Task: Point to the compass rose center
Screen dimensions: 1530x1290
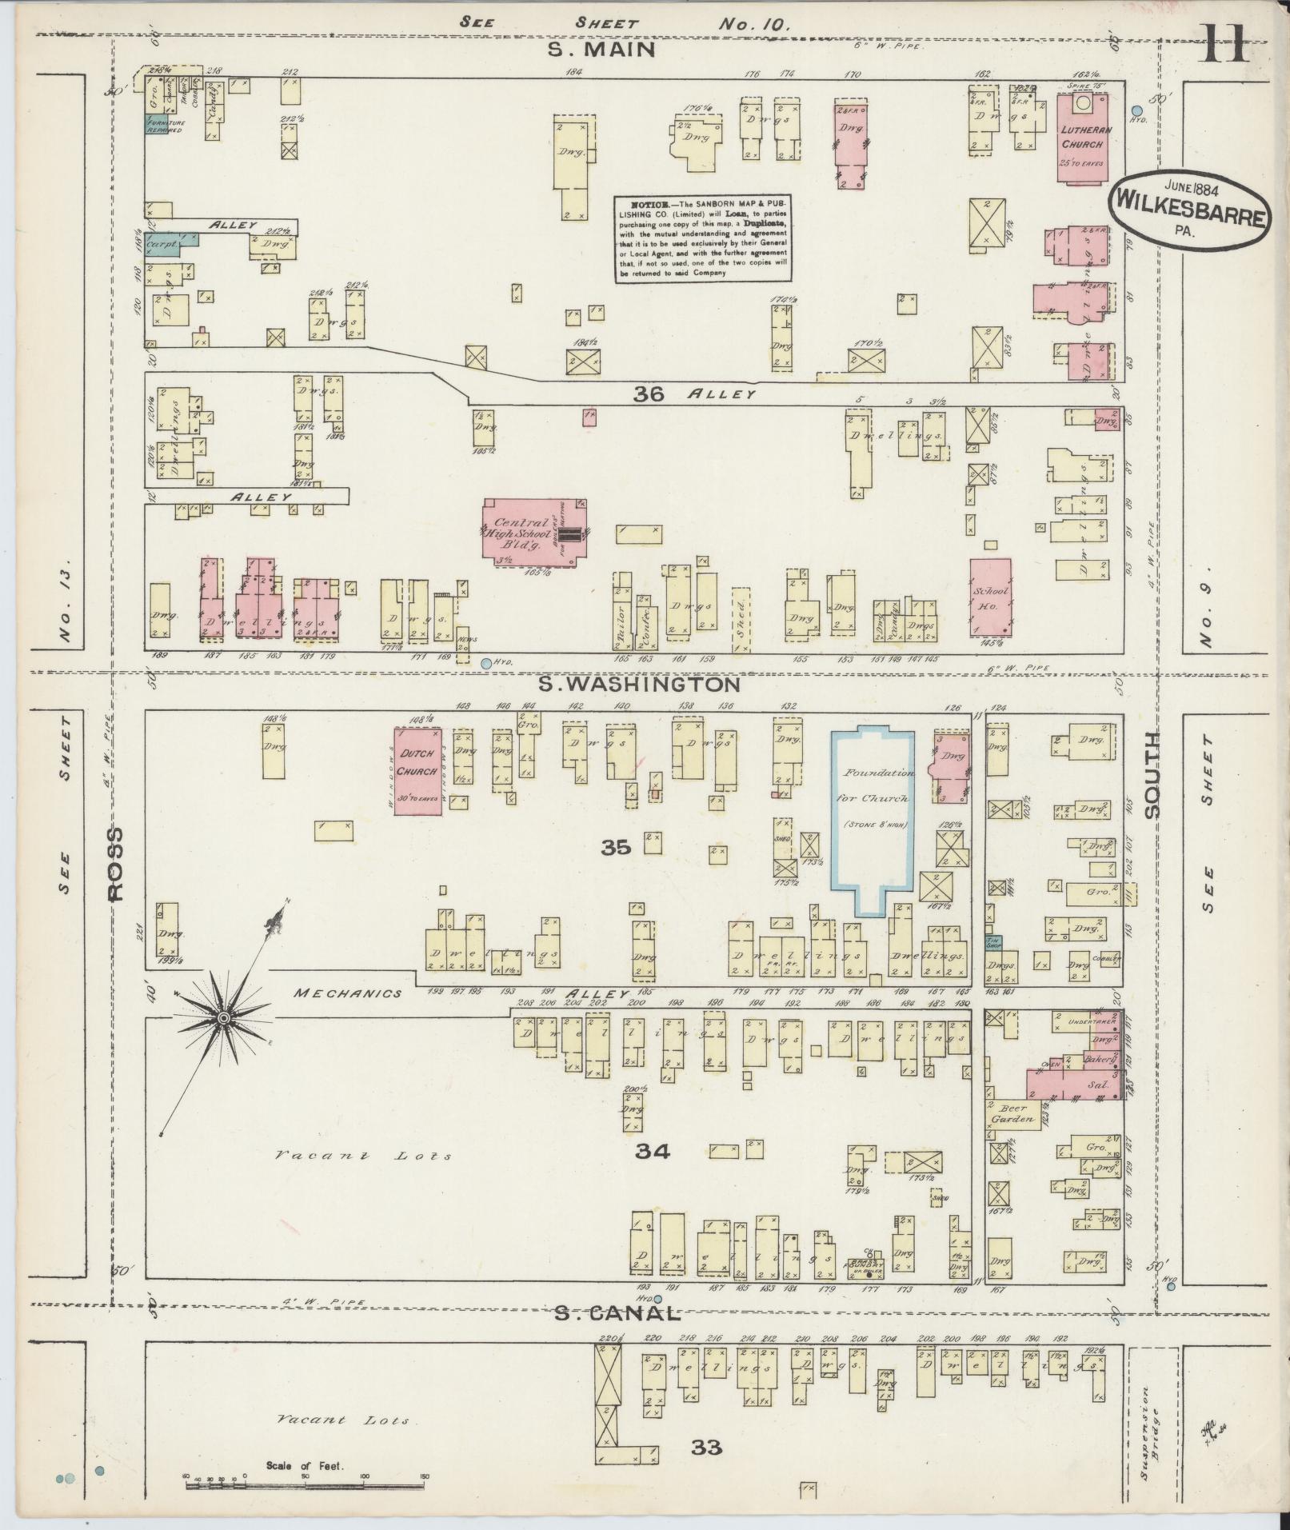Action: (x=224, y=1017)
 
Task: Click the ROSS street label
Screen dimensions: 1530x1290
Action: (x=117, y=864)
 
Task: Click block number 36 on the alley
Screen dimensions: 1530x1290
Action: (x=649, y=393)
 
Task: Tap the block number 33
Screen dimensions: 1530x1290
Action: (x=707, y=1447)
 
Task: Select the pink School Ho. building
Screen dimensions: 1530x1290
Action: (x=990, y=596)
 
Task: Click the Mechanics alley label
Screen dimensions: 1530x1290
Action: (x=347, y=993)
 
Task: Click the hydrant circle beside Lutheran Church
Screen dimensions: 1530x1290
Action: (x=1136, y=110)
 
